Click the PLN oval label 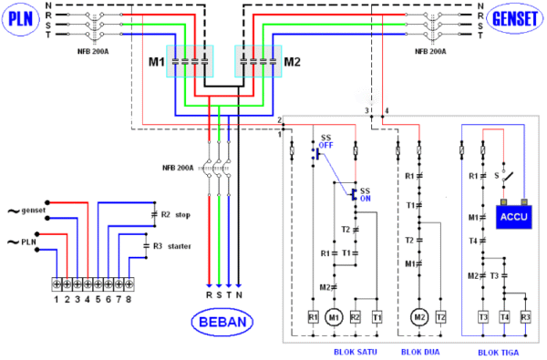(x=20, y=17)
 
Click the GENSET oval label (x=518, y=17)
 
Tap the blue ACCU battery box (x=512, y=216)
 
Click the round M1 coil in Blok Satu (x=334, y=316)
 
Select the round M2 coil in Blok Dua (x=419, y=316)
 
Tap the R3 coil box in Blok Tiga (x=525, y=316)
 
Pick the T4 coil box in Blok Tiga (x=504, y=316)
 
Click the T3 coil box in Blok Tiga (x=482, y=316)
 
